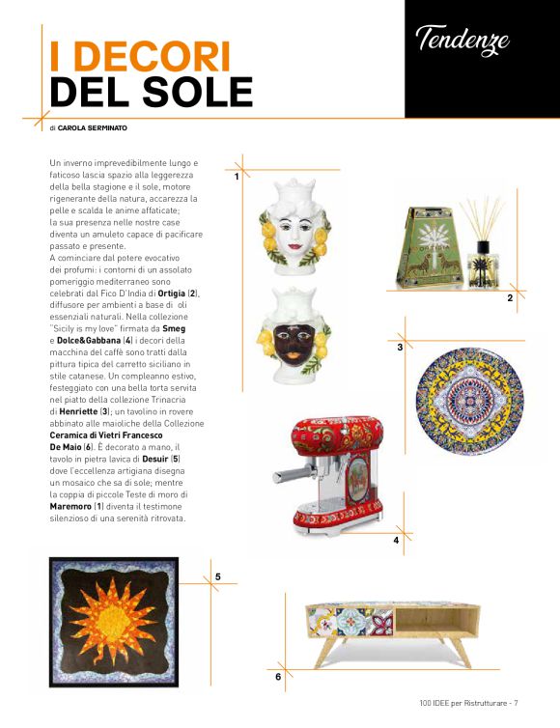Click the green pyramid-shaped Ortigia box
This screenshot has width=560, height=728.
pos(417,242)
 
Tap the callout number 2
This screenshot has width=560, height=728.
pos(510,299)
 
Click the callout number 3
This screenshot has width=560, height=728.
pos(400,346)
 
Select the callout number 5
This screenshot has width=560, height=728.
pos(218,576)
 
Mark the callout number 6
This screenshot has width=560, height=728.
pos(278,677)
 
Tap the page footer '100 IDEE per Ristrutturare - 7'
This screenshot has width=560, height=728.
pos(469,703)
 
